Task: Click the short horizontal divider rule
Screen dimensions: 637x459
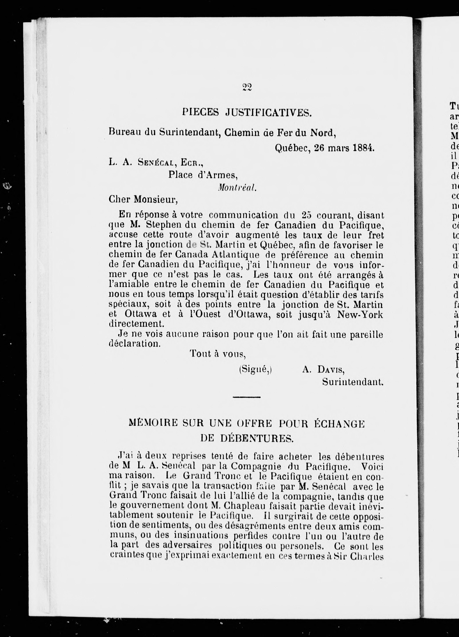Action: (247, 397)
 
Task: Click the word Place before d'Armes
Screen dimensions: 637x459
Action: (180, 175)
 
